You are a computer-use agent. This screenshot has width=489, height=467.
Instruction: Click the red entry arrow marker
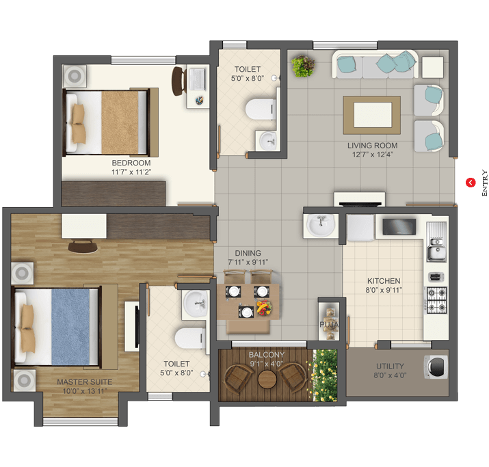[471, 183]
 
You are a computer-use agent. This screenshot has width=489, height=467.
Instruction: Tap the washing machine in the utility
[436, 367]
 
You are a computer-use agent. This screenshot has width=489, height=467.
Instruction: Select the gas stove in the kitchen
[436, 300]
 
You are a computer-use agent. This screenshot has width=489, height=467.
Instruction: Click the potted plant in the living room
[303, 66]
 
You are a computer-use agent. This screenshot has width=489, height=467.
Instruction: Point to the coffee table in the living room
[372, 115]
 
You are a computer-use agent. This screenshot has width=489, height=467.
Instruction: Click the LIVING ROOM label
[372, 146]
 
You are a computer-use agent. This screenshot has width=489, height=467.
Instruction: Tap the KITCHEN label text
[384, 281]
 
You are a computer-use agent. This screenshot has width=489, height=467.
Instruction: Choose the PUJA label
[329, 325]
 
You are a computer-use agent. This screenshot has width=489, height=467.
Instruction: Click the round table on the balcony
[267, 379]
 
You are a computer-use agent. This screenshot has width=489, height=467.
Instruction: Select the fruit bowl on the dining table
[264, 308]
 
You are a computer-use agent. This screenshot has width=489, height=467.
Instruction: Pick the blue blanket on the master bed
[70, 327]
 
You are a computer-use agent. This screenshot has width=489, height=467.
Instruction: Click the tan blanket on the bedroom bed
[120, 122]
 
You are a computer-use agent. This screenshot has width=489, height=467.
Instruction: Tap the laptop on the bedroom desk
[197, 79]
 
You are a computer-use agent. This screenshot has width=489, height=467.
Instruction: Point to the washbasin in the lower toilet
[196, 303]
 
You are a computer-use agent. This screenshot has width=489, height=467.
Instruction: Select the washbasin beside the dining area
[321, 225]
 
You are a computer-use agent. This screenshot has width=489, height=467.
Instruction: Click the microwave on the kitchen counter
[399, 226]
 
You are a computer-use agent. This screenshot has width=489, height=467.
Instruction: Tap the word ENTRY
[484, 183]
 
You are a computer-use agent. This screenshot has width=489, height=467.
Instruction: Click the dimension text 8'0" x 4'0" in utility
[390, 375]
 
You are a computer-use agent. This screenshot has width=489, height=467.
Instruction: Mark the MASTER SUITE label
[85, 382]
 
